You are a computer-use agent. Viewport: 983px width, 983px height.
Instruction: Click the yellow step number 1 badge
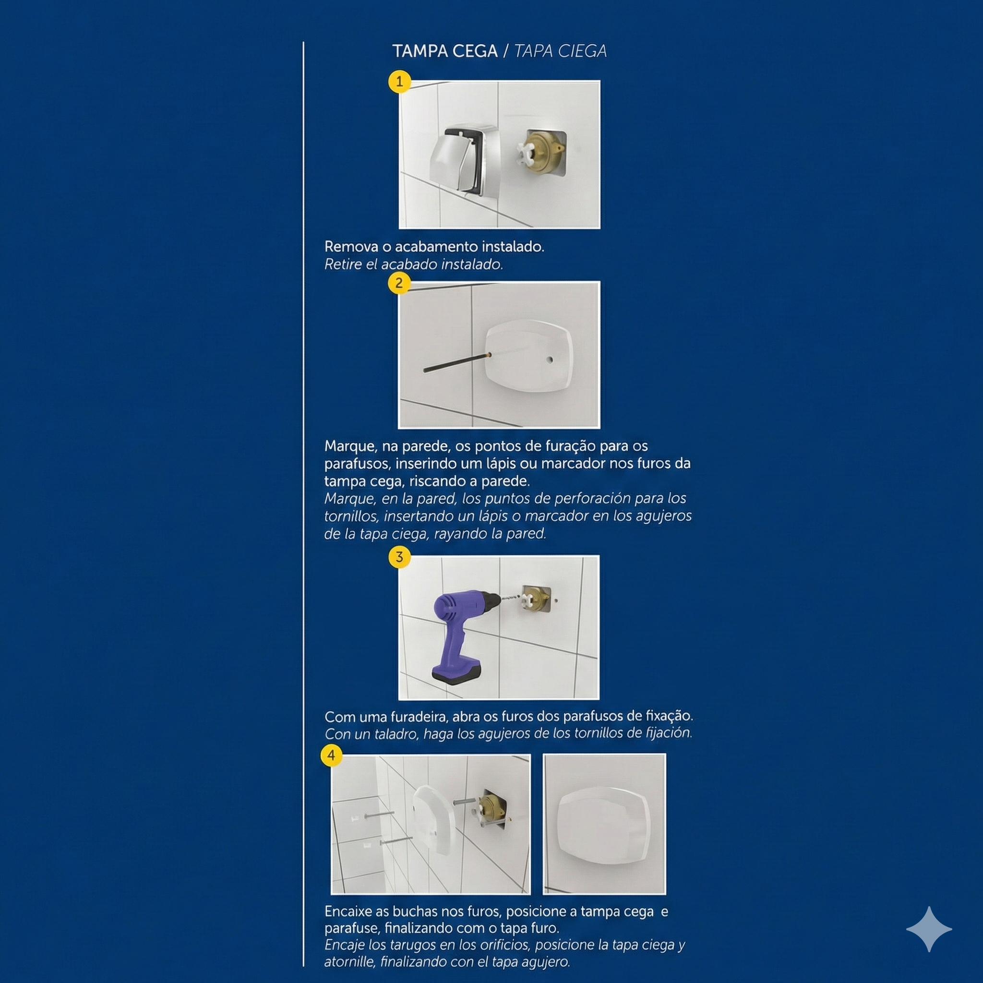click(399, 82)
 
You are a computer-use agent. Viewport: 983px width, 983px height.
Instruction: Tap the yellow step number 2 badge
click(399, 283)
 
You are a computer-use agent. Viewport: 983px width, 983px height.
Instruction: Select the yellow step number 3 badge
click(399, 557)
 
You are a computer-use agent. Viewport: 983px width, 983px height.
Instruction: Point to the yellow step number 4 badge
click(331, 755)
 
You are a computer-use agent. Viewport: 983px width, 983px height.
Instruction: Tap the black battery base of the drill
click(456, 672)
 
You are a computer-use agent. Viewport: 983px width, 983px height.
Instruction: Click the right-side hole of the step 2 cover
click(549, 360)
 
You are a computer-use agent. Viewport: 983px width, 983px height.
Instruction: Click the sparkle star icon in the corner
click(929, 929)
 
